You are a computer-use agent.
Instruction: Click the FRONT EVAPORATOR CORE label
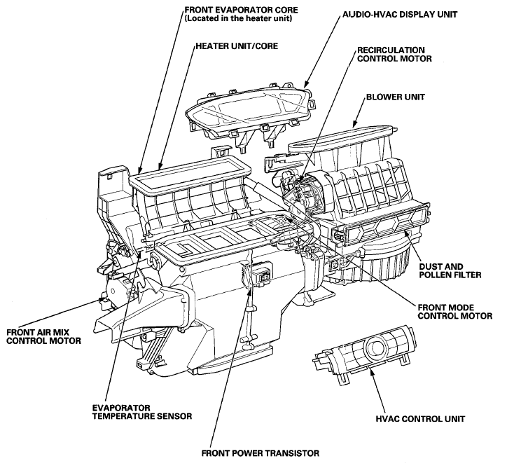pos(241,14)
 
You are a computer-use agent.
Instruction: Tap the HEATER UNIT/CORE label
pos(237,46)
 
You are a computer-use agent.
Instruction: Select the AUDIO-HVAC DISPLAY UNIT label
pos(400,15)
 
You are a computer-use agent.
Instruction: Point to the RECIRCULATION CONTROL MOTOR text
pos(394,55)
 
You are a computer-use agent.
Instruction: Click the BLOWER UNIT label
pos(396,97)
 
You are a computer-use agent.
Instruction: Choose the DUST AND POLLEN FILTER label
pos(450,271)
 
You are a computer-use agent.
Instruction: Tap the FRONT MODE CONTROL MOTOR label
pos(455,312)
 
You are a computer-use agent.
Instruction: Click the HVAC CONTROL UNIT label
pos(420,419)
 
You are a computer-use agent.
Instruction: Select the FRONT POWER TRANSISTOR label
pos(260,453)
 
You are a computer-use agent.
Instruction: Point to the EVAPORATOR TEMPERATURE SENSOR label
pos(142,412)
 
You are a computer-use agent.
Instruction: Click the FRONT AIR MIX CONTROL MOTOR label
pos(44,336)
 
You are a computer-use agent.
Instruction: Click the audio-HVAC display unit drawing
pos(251,113)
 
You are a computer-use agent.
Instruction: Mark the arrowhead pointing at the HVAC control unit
pos(371,371)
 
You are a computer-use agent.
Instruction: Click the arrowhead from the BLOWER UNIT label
pos(354,123)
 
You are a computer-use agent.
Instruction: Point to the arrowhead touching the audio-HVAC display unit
pos(306,84)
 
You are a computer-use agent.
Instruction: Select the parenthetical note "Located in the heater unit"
pos(238,18)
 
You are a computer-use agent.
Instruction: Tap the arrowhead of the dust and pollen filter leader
pos(407,233)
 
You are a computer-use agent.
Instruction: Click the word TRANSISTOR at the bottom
pos(292,453)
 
